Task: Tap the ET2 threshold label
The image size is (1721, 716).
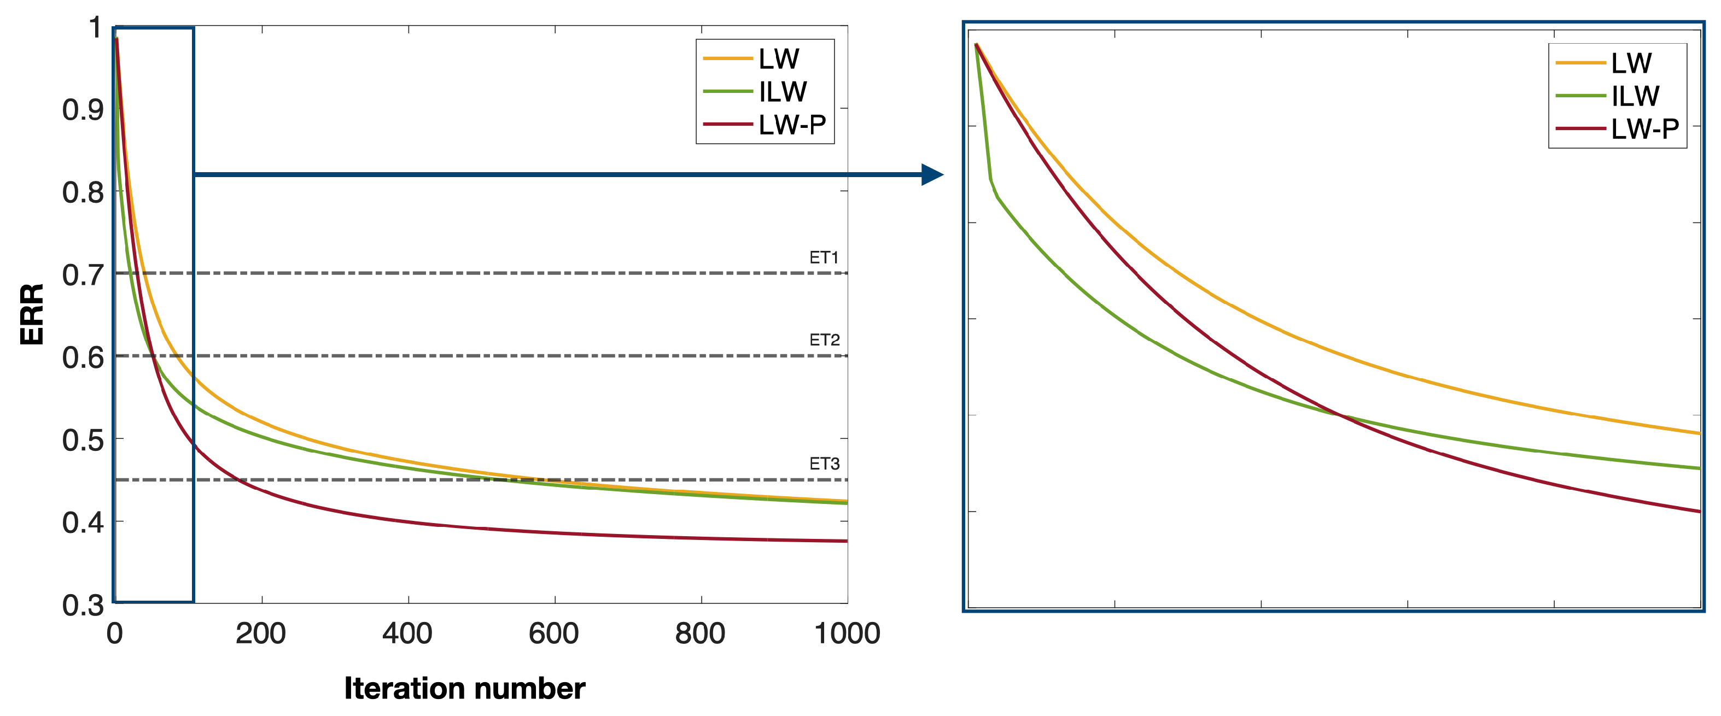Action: (824, 340)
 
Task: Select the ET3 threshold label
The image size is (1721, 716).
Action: (824, 463)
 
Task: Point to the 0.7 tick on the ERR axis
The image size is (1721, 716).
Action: (83, 274)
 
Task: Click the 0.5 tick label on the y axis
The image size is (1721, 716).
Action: (83, 440)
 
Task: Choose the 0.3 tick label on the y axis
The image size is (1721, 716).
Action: (83, 605)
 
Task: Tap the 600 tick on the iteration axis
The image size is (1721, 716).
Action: (554, 633)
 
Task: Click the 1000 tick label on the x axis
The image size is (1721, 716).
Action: (847, 633)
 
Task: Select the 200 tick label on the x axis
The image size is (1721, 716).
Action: (260, 633)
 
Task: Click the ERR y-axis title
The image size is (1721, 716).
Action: (31, 314)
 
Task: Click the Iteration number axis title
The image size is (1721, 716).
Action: (464, 688)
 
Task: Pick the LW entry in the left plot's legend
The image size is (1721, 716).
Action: (778, 59)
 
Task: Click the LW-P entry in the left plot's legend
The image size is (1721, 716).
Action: (792, 124)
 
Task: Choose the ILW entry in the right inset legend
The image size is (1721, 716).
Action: (1635, 96)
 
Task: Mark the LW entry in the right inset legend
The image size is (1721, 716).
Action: (1631, 63)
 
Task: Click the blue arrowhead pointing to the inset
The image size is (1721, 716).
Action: (932, 174)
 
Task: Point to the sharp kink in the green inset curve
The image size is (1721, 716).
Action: (990, 179)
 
